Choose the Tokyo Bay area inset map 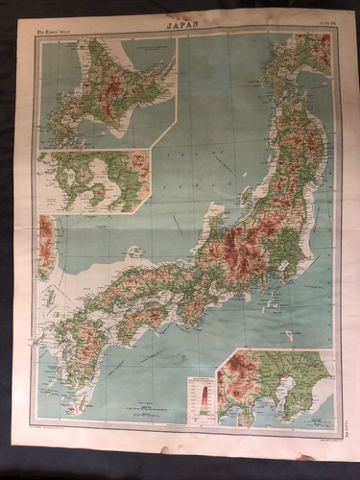[x=273, y=387]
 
